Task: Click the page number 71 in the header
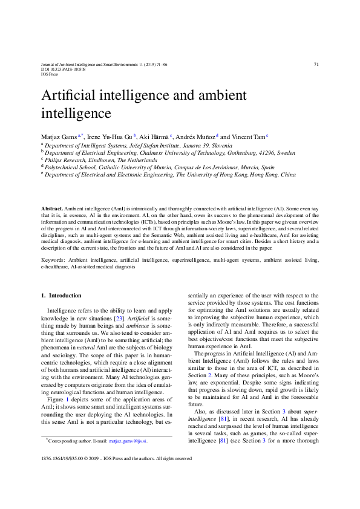(316, 64)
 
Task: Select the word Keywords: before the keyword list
(53, 259)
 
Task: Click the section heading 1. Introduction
(60, 296)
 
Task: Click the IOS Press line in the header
(49, 74)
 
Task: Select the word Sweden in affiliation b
(286, 154)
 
